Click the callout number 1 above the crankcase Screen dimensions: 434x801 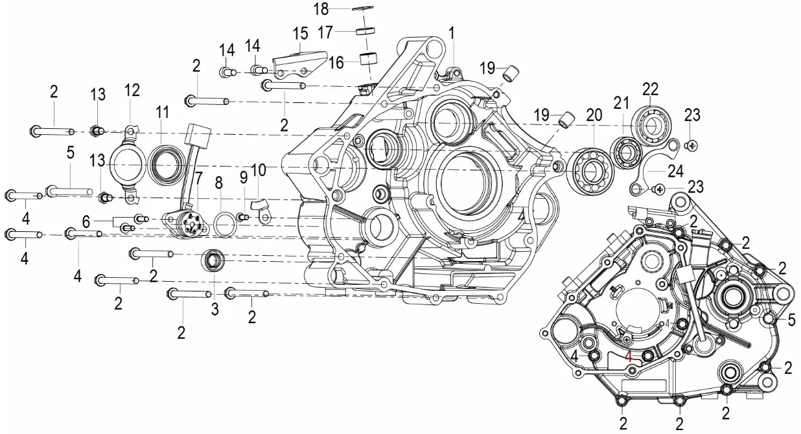click(452, 32)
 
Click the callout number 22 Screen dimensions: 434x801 click(650, 88)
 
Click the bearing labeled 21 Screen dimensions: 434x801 click(625, 153)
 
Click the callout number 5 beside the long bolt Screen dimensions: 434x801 click(70, 154)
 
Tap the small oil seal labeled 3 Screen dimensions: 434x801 click(213, 261)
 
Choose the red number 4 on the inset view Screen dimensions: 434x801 click(627, 356)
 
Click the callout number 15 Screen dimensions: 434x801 click(299, 34)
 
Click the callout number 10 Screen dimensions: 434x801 click(259, 170)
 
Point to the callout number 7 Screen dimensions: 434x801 click(198, 177)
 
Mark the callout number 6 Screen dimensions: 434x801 click(86, 221)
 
